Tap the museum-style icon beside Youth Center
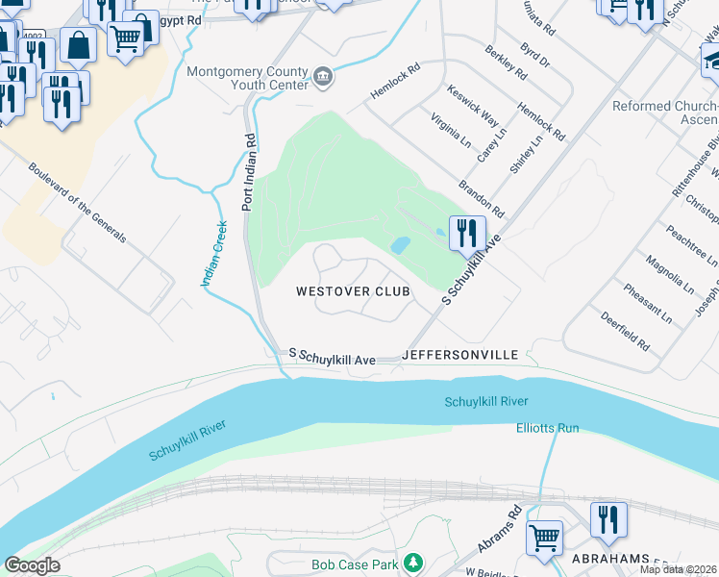323,77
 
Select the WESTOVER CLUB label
353,291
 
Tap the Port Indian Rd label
248,173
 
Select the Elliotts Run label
547,427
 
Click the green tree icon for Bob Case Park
412,561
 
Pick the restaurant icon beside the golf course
466,233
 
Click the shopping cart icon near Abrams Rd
544,537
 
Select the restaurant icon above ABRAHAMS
607,520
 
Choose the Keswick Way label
474,106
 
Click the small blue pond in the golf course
400,246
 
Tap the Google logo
33,565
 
